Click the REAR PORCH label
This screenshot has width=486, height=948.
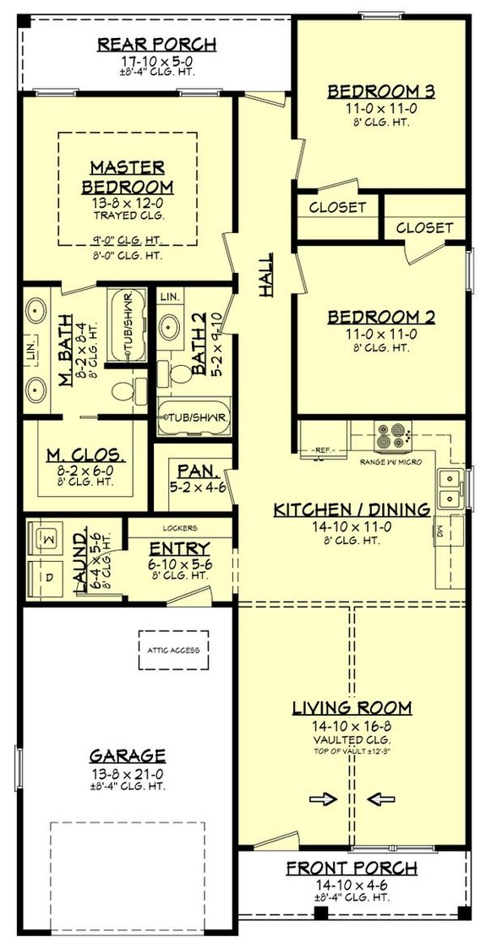(156, 44)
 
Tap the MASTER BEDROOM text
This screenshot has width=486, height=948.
(128, 177)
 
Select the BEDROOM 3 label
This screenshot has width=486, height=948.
(374, 91)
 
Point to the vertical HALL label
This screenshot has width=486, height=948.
(266, 275)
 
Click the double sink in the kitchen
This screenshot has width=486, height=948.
(450, 488)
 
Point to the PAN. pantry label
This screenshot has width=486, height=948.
(194, 470)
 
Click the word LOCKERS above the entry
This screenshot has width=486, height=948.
(178, 527)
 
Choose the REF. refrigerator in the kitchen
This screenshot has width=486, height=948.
(323, 451)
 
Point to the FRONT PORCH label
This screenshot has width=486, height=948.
(351, 868)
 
